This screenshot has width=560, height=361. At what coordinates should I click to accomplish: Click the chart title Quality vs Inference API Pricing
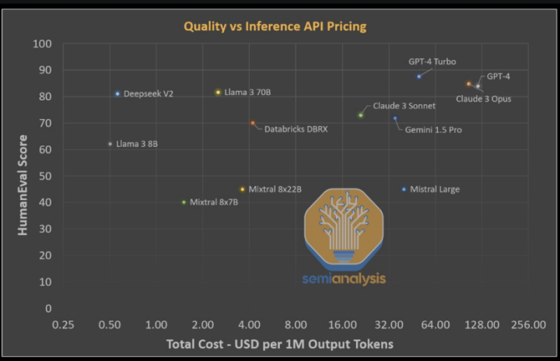pos(275,26)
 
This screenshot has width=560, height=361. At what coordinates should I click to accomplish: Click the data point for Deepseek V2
pos(117,94)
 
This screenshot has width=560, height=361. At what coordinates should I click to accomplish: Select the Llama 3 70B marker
pos(219,93)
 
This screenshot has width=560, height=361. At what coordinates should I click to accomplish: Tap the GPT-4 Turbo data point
pos(418,76)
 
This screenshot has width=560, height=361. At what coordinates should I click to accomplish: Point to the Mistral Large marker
pos(404,189)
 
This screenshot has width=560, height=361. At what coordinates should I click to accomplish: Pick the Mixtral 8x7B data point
pos(184,202)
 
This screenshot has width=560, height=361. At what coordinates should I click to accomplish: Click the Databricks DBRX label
pos(296,129)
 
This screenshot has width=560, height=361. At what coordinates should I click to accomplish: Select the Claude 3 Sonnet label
pos(404,106)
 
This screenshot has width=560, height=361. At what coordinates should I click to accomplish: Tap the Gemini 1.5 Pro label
pos(433,130)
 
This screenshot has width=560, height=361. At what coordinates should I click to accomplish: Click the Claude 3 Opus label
pos(483,99)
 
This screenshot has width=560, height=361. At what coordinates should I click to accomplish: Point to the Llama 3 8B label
pos(137,144)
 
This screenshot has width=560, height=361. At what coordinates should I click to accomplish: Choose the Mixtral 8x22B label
pos(275,189)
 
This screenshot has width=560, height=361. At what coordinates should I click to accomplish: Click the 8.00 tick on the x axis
pos(296,324)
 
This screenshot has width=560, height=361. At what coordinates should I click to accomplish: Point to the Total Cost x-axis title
pos(280,344)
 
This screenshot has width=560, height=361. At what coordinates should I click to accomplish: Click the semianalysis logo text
pos(343,278)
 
